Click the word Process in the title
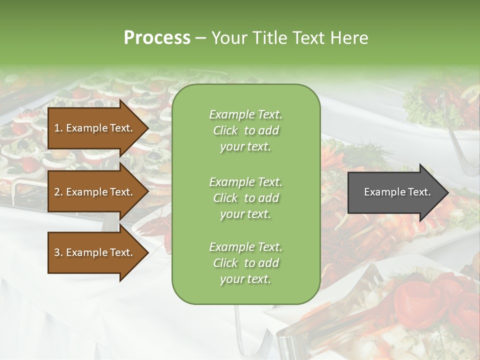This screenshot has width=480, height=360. tap(157, 37)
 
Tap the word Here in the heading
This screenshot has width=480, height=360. tap(349, 37)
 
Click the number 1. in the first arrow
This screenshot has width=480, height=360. tap(58, 128)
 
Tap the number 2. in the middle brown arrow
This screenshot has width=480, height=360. tap(58, 192)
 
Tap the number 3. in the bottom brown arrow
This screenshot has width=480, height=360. tap(58, 252)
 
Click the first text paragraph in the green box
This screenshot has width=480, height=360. tap(245, 130)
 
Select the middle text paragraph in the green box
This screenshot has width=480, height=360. tap(245, 198)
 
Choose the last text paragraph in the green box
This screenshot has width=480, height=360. tap(245, 263)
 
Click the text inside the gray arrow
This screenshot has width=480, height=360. tap(397, 192)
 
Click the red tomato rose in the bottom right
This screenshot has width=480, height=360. tap(415, 300)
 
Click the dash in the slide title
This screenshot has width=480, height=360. tap(201, 38)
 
